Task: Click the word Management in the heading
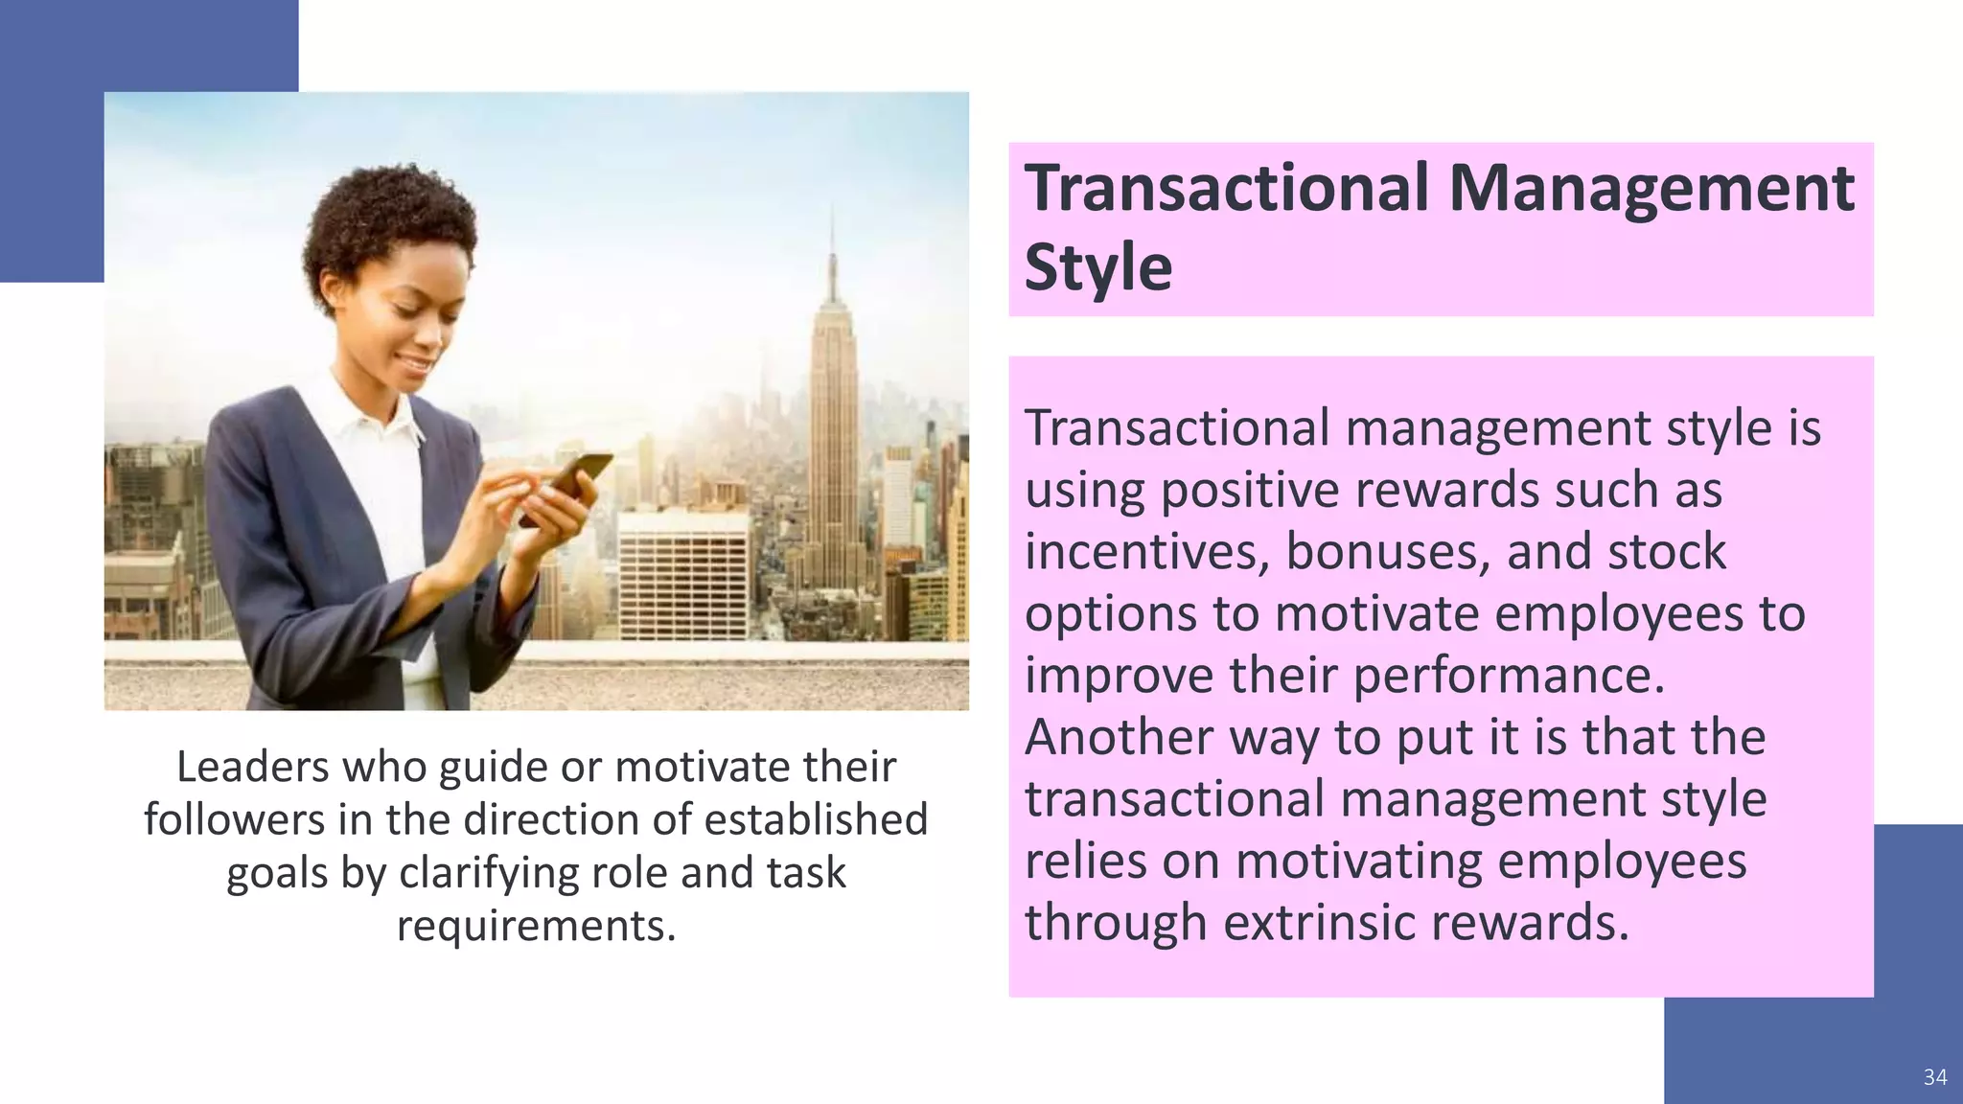pyautogui.click(x=1651, y=189)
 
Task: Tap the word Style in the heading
pyautogui.click(x=1097, y=267)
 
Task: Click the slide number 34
pyautogui.click(x=1934, y=1077)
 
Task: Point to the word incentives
pyautogui.click(x=1147, y=552)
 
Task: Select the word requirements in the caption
pyautogui.click(x=535, y=926)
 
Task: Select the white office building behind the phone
pyautogui.click(x=682, y=575)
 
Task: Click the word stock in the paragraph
pyautogui.click(x=1666, y=552)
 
